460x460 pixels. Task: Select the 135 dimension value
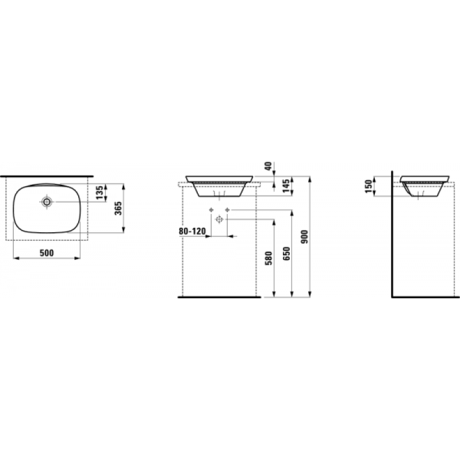pyautogui.click(x=99, y=192)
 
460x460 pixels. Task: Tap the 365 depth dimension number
pyautogui.click(x=118, y=208)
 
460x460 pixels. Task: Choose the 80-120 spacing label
pyautogui.click(x=192, y=231)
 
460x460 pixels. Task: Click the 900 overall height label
pyautogui.click(x=305, y=236)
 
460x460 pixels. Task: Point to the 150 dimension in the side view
pyautogui.click(x=369, y=185)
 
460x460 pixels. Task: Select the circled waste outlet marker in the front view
pyautogui.click(x=219, y=220)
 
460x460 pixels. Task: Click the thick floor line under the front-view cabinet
pyautogui.click(x=219, y=298)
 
